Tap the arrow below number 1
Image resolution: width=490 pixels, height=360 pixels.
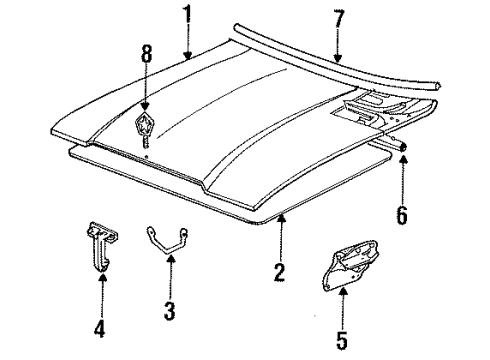pyautogui.click(x=185, y=44)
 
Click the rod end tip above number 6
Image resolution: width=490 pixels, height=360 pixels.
pyautogui.click(x=404, y=145)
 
